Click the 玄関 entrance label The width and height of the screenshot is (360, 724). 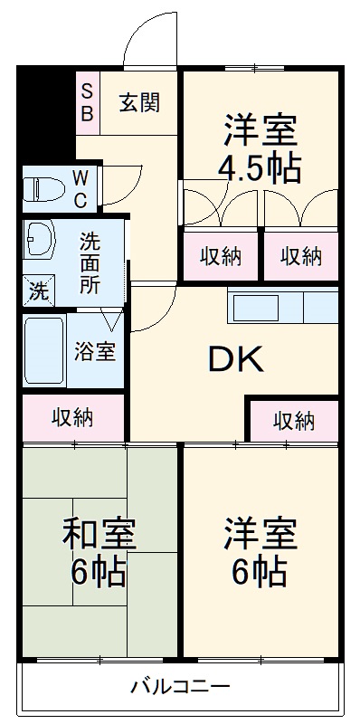click(x=139, y=102)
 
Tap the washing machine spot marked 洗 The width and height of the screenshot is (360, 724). click(x=39, y=291)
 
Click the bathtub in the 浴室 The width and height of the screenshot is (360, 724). click(x=44, y=349)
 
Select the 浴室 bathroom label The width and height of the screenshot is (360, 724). click(x=95, y=351)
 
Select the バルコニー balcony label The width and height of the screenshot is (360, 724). click(x=179, y=685)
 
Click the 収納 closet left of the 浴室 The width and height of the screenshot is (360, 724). click(x=73, y=418)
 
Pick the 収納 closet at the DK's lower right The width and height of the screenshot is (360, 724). click(x=294, y=420)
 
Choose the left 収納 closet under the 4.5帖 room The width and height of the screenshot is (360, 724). click(x=221, y=256)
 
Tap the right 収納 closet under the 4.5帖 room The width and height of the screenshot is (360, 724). click(x=300, y=256)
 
